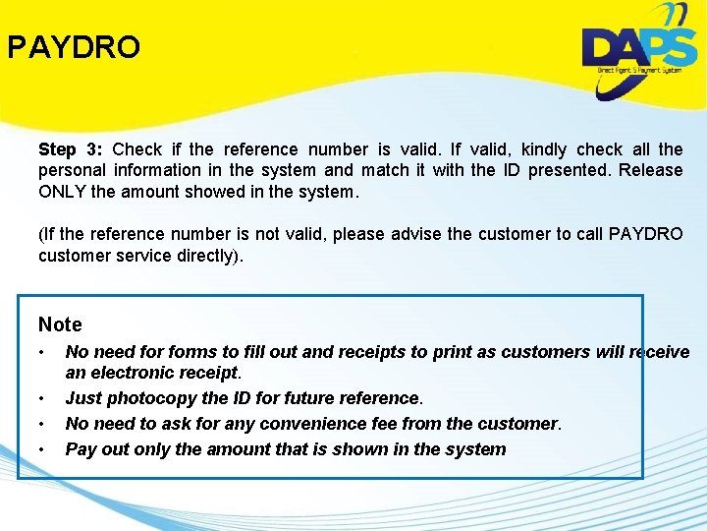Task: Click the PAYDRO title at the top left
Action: (75, 47)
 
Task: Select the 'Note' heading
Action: (60, 324)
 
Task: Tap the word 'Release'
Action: (649, 170)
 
